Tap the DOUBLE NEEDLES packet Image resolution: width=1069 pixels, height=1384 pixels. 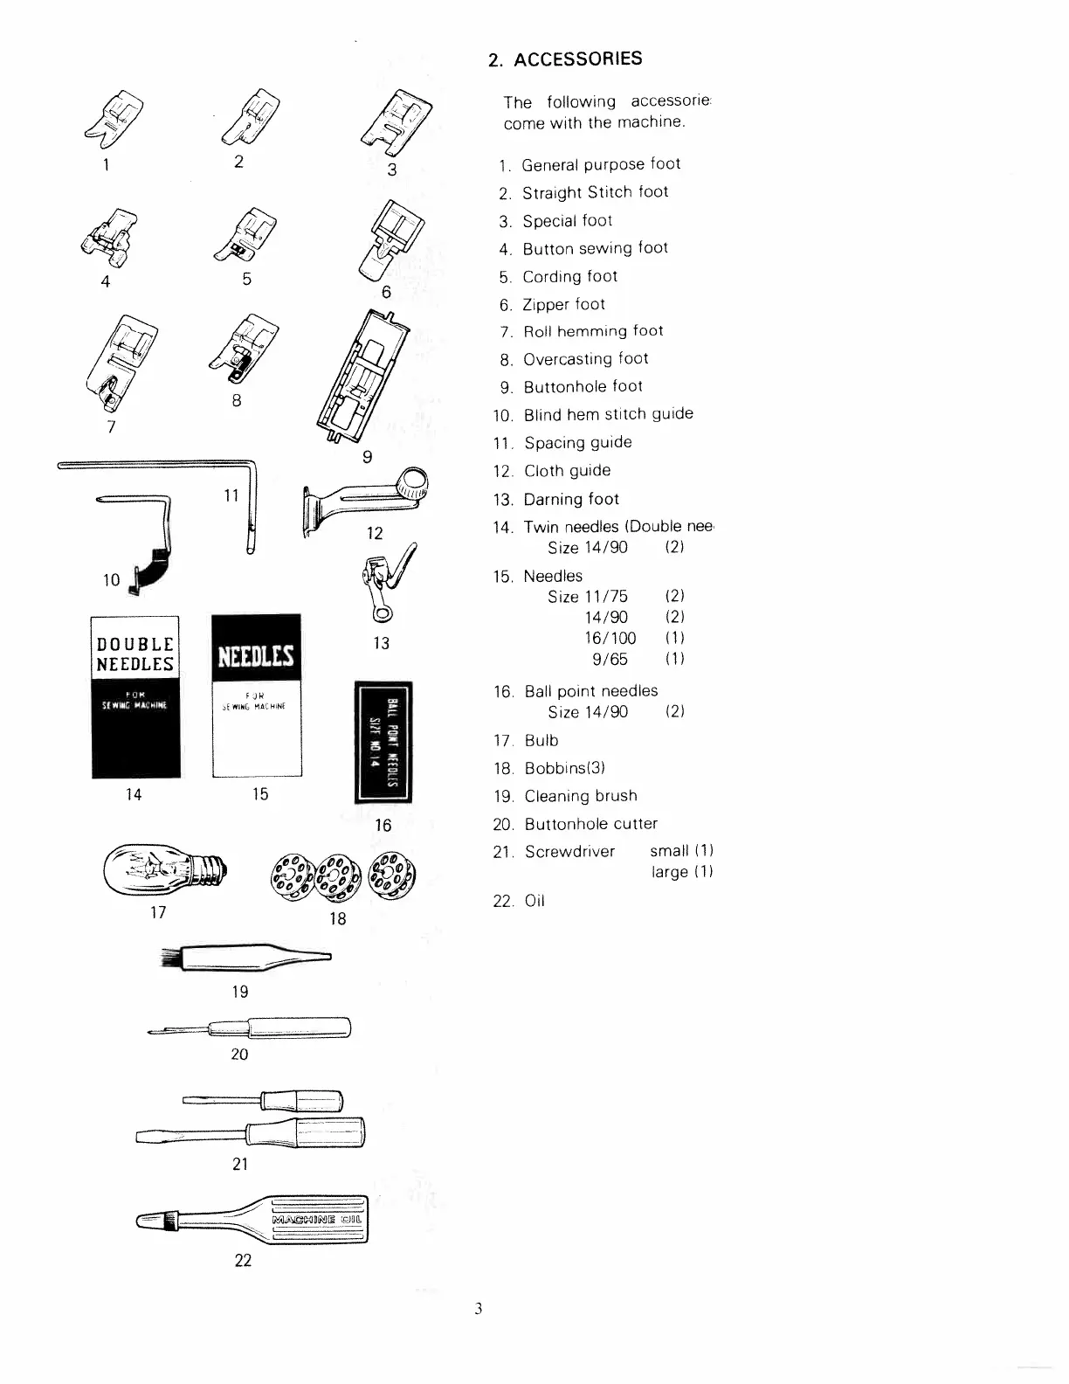pos(135,696)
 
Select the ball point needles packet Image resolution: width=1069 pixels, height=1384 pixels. pos(383,743)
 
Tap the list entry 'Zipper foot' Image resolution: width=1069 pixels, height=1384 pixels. pos(563,304)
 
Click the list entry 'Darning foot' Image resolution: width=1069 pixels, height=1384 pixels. pos(571,499)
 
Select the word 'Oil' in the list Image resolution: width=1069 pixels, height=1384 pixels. pos(534,901)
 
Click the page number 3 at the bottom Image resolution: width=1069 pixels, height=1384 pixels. pos(479,1308)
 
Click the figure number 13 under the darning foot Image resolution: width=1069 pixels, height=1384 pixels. pos(381,643)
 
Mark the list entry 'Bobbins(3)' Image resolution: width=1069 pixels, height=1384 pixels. pos(564,768)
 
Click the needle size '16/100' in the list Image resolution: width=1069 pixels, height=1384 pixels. pos(610,638)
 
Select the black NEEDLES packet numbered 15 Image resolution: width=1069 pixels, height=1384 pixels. pos(257,695)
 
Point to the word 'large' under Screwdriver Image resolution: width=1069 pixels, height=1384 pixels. pos(669,872)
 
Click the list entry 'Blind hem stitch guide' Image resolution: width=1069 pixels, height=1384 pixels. pos(608,414)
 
